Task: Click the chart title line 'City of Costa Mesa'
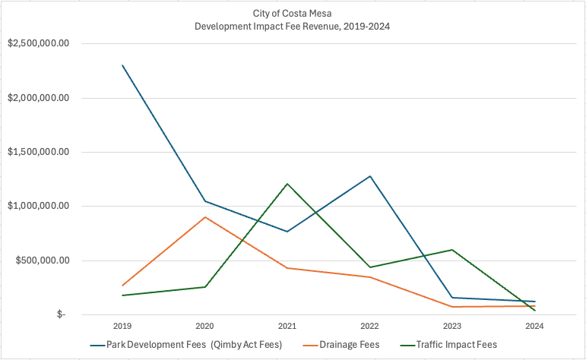293,14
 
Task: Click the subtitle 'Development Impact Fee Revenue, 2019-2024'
293,26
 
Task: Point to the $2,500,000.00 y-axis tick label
39,43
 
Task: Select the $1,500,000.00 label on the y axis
39,152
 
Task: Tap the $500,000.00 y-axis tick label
43,261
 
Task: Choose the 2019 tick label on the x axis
122,326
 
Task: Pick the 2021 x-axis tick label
287,326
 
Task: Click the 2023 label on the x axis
452,326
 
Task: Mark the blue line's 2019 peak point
122,65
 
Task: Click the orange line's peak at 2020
205,217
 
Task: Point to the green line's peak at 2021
287,184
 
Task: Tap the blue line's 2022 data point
370,176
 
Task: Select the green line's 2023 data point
452,250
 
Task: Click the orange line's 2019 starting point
122,286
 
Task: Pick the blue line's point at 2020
205,201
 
